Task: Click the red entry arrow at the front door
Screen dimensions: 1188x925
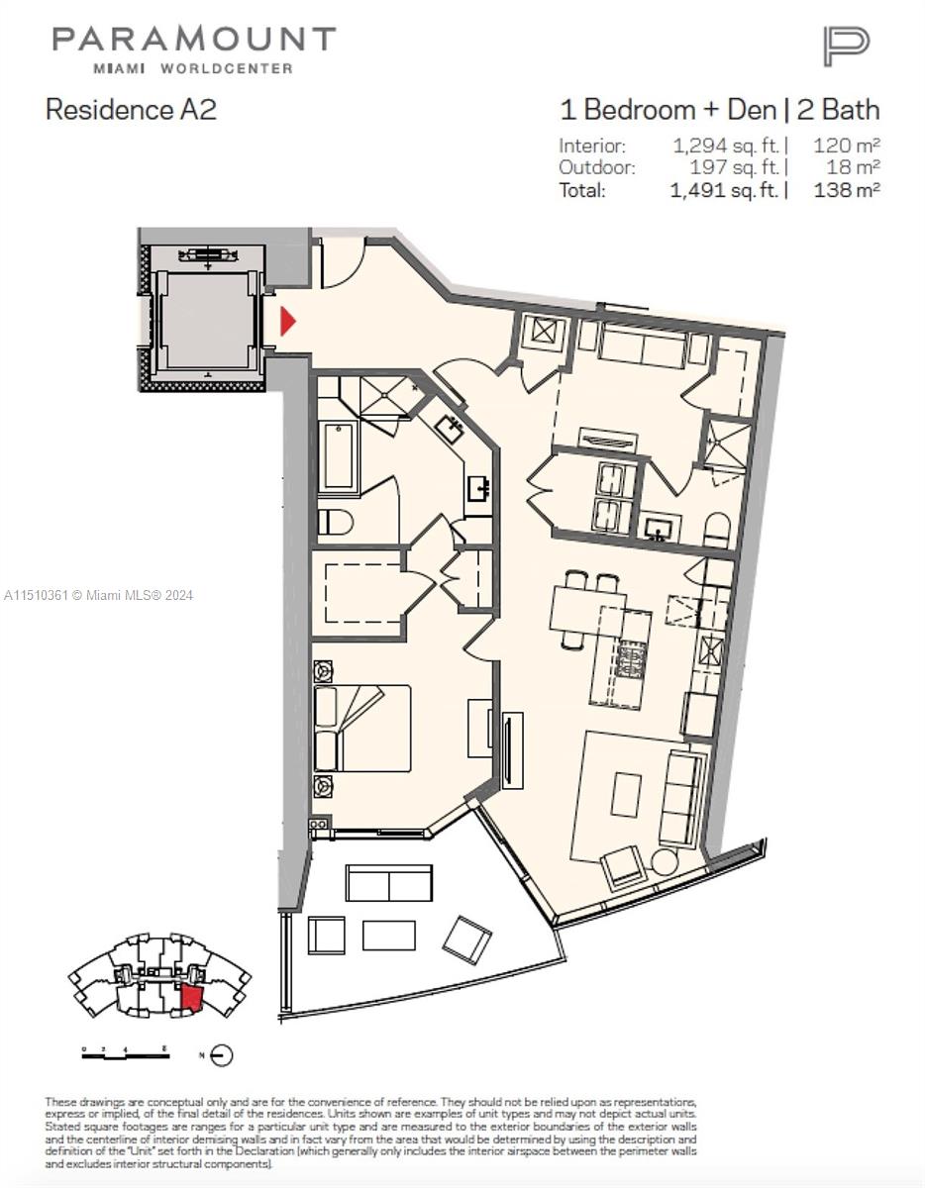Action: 288,322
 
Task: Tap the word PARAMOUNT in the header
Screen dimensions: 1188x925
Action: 194,40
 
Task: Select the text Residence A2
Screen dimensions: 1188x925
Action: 131,109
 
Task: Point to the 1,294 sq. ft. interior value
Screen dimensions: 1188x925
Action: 729,146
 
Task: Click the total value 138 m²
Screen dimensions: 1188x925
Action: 847,190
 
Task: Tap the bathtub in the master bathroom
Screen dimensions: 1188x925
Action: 338,454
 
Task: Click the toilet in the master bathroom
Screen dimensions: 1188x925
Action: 334,520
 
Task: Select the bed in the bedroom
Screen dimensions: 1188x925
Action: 362,728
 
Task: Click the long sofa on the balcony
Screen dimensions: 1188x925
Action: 389,883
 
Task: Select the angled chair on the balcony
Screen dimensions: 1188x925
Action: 466,938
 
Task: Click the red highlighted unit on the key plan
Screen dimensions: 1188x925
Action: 191,995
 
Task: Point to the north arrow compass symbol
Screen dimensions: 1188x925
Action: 222,1055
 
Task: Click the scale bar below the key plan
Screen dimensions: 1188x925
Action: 125,1055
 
